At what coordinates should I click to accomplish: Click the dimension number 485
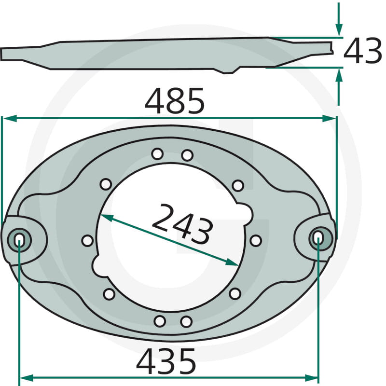click(175, 100)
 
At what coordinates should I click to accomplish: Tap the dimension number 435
click(166, 361)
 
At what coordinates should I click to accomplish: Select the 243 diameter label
click(182, 224)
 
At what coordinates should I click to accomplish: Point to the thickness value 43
click(362, 51)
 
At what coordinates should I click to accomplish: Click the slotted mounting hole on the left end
click(19, 240)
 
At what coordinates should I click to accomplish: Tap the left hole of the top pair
click(157, 154)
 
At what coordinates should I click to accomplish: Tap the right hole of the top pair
click(187, 155)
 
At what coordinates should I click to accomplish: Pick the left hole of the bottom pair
click(160, 321)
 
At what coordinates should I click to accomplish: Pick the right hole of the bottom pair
click(186, 322)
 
